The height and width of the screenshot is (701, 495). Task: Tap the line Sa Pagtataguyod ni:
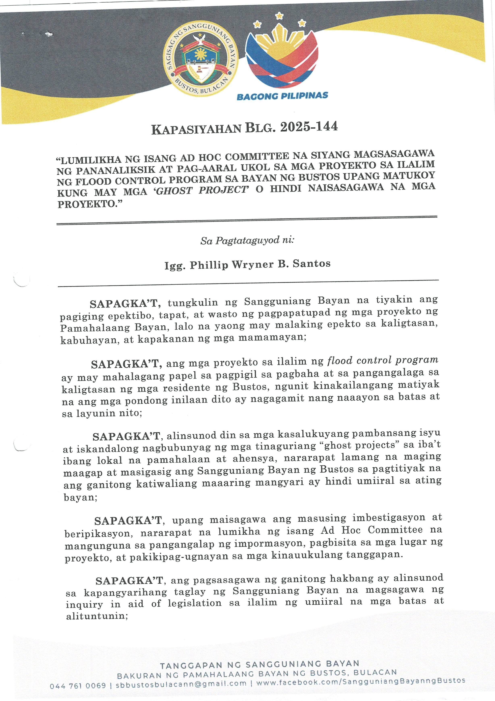pyautogui.click(x=247, y=241)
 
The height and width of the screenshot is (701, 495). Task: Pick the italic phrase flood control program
pyautogui.click(x=383, y=360)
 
